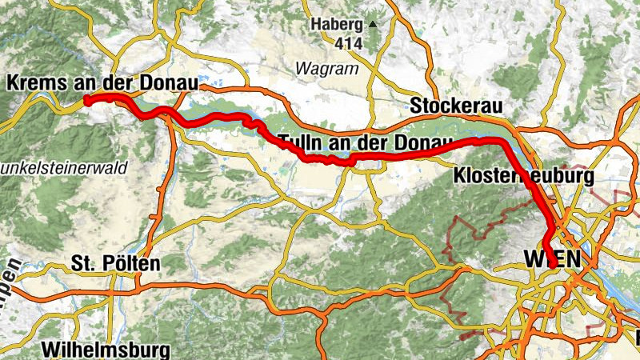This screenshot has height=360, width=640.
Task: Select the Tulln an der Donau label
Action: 366,143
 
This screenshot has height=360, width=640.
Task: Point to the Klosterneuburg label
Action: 523,175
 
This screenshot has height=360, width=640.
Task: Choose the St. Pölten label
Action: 116,262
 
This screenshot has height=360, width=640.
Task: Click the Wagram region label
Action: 326,69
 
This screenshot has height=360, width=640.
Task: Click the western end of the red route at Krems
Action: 86,100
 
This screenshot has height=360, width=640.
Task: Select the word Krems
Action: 33,82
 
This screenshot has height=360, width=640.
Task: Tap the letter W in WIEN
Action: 534,258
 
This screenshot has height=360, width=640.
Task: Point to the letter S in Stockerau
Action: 416,106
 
